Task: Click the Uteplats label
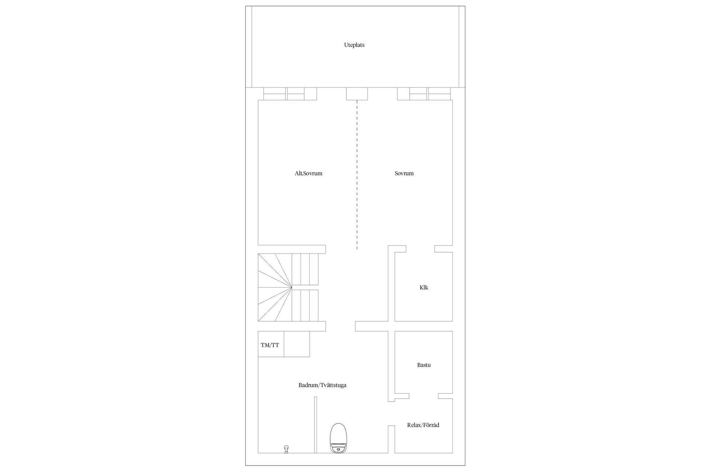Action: (x=354, y=45)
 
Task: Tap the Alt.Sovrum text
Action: (x=308, y=173)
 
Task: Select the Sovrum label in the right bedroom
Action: (x=404, y=173)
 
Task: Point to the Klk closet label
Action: (x=424, y=288)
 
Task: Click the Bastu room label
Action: (x=424, y=365)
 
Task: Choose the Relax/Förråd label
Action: (x=423, y=425)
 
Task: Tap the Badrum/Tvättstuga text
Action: (x=322, y=385)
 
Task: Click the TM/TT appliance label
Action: (x=270, y=346)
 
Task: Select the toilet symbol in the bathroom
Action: (x=339, y=438)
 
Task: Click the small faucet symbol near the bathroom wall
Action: (x=286, y=449)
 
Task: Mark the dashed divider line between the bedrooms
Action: (x=357, y=173)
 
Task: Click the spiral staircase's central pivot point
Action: (x=291, y=287)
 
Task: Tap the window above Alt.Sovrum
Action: (x=290, y=94)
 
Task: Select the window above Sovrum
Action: (x=424, y=94)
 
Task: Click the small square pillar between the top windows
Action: (x=357, y=94)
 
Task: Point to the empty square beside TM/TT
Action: (x=296, y=344)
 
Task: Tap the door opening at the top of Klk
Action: (x=420, y=249)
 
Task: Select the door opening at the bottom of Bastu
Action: (x=423, y=396)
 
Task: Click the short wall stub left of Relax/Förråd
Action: (x=391, y=439)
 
